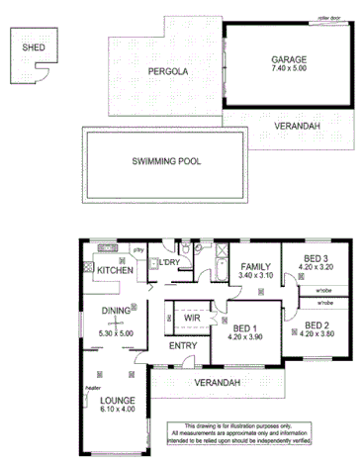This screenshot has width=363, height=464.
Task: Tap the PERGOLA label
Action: [x=167, y=72]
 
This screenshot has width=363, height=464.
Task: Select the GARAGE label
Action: [x=290, y=60]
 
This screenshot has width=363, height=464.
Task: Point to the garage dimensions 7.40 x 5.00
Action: [x=290, y=71]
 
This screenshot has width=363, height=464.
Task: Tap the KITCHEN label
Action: [x=114, y=270]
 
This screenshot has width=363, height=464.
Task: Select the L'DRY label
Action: [x=169, y=261]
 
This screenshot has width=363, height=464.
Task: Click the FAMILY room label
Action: [x=256, y=267]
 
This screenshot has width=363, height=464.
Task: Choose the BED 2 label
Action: [x=316, y=325]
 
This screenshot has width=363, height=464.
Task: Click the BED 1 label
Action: [x=247, y=327]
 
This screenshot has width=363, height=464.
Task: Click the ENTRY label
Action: [x=183, y=345]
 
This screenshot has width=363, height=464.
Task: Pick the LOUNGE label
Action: [x=119, y=401]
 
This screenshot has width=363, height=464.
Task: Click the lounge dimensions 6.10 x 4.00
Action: [x=119, y=411]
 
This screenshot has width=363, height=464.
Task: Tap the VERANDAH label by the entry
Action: [x=216, y=382]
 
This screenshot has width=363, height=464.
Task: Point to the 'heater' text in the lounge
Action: [x=94, y=388]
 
